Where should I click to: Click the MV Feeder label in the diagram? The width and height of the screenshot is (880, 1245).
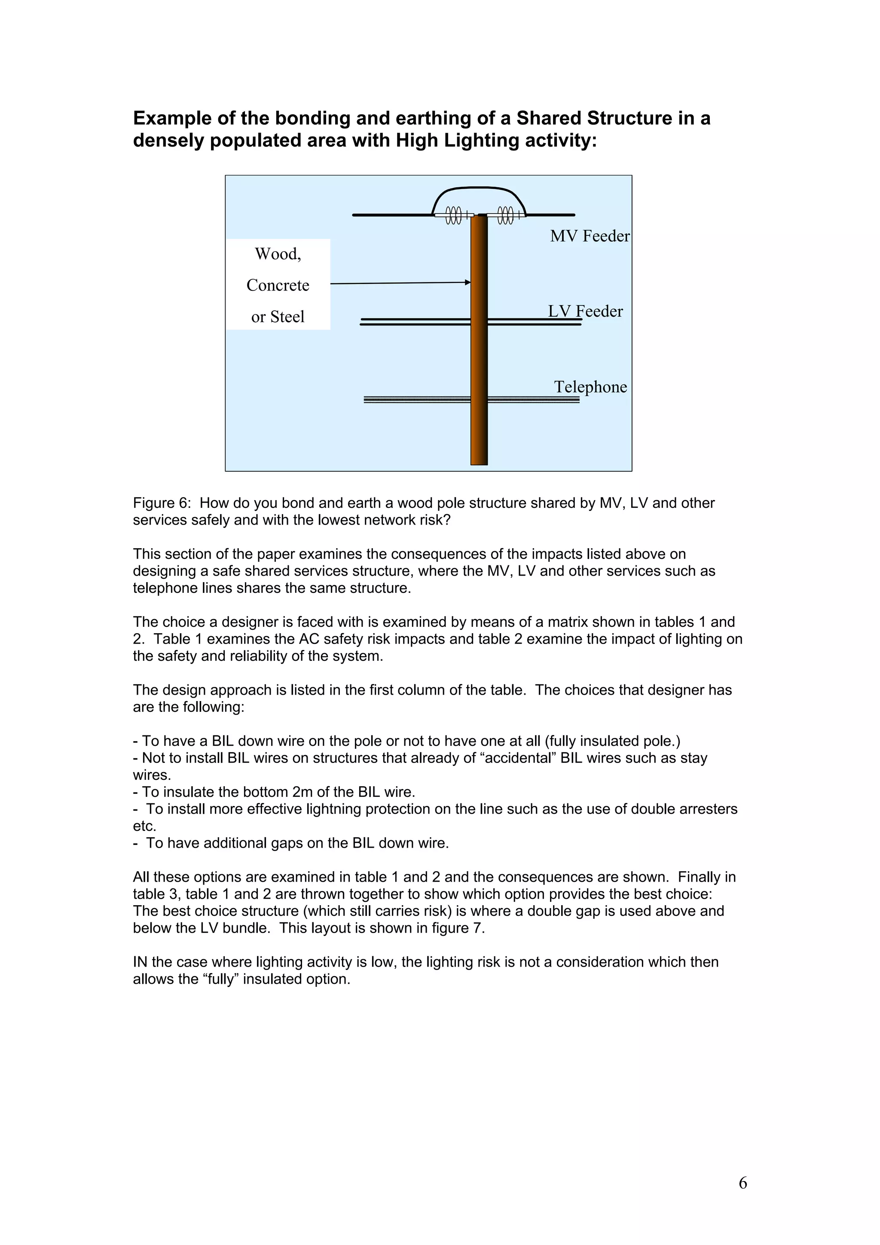click(x=590, y=236)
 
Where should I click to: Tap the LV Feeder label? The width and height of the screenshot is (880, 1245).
click(x=585, y=311)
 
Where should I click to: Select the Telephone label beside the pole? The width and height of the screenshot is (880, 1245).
click(x=590, y=387)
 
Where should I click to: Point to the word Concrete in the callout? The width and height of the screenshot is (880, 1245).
click(x=278, y=285)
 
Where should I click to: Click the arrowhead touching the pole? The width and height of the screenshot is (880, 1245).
click(x=468, y=282)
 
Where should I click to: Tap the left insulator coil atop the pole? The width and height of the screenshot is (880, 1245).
click(x=454, y=215)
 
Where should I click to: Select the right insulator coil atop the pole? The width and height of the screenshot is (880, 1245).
click(x=505, y=215)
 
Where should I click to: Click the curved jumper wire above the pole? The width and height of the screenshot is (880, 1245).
click(x=479, y=188)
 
